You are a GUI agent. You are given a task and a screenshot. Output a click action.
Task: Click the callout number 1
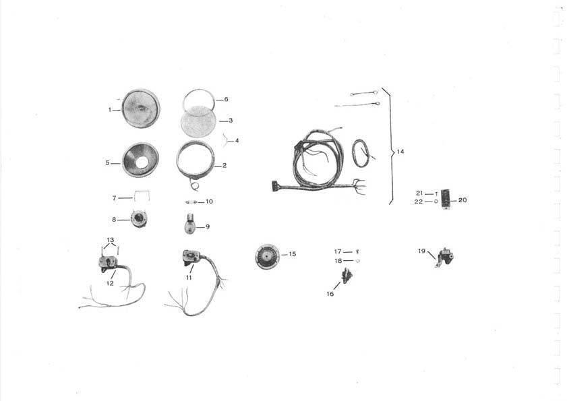tap(110, 109)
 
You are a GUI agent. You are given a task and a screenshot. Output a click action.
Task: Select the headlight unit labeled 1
tap(141, 108)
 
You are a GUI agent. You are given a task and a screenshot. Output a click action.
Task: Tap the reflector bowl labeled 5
tap(141, 160)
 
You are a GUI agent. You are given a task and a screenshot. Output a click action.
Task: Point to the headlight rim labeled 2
tap(196, 160)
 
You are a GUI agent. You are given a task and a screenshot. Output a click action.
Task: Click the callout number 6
tap(226, 99)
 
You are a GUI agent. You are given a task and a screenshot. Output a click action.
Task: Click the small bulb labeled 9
tap(189, 224)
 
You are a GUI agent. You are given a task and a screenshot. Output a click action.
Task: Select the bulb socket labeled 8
tap(139, 219)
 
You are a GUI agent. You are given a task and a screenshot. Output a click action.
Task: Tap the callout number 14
tap(400, 152)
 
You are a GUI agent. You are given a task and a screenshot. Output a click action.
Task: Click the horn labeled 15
tap(267, 256)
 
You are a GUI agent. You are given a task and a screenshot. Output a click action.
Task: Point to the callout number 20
tap(462, 200)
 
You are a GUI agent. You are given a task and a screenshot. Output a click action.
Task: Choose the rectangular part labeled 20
tap(446, 199)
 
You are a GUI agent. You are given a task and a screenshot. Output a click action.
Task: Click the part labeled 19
tap(445, 258)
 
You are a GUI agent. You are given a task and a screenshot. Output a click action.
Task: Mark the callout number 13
tap(111, 240)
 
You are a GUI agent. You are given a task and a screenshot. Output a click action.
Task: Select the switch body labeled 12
tap(108, 262)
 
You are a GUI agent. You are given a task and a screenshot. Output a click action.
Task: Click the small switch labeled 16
tap(347, 276)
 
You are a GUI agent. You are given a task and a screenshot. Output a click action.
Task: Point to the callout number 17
tap(338, 251)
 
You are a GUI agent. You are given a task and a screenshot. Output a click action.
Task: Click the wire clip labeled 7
tap(142, 196)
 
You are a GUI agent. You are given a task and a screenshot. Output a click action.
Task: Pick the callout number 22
tap(419, 202)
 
